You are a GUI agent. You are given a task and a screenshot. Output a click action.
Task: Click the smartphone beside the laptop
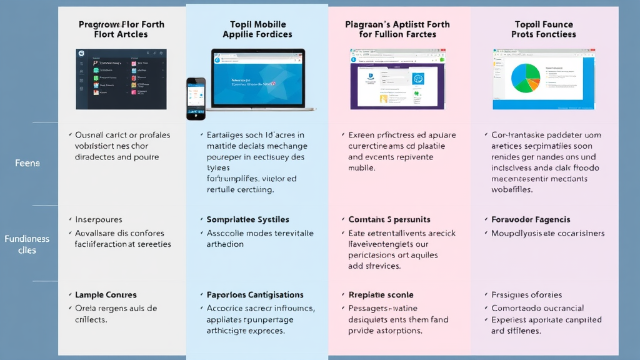tap(196, 98)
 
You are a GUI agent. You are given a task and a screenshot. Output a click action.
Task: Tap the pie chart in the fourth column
tap(525, 79)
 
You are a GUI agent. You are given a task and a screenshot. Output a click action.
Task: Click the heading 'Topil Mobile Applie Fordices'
tap(257, 29)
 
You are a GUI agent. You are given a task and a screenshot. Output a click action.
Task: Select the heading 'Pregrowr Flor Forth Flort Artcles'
tap(121, 29)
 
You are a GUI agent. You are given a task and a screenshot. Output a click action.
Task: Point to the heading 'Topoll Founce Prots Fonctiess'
tap(544, 29)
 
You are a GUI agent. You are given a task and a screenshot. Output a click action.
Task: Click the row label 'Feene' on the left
tap(27, 163)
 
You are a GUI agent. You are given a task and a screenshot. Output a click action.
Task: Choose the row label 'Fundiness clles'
tap(27, 244)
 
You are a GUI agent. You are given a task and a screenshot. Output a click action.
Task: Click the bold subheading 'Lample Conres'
tap(106, 294)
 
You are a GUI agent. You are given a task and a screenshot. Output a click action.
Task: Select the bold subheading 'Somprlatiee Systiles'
tap(247, 219)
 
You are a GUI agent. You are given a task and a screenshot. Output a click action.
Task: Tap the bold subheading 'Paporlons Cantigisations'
tap(255, 294)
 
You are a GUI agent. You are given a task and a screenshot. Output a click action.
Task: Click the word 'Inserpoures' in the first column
tap(99, 219)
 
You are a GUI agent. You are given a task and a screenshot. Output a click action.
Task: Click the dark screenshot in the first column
tap(121, 79)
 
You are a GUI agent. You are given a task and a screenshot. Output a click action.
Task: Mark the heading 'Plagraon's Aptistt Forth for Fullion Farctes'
tap(397, 29)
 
